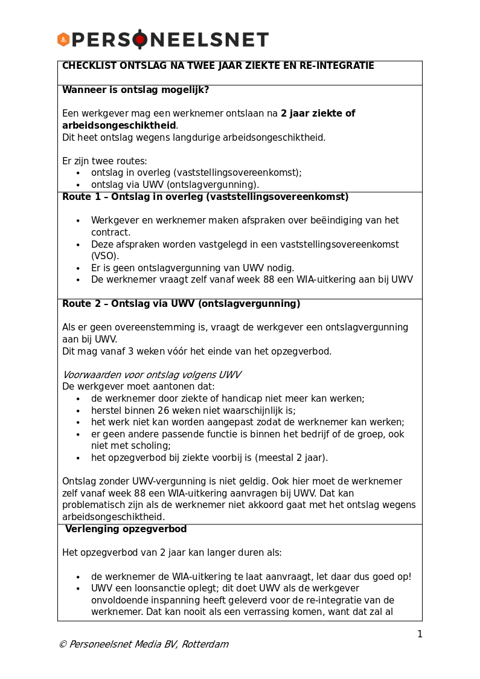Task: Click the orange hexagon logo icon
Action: click(x=63, y=40)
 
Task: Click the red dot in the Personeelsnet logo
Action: click(x=140, y=40)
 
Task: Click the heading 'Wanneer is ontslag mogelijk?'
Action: click(x=135, y=90)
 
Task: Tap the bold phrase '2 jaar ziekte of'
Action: click(x=318, y=114)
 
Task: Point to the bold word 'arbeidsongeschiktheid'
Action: click(x=119, y=126)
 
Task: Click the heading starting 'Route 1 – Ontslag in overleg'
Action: click(x=205, y=197)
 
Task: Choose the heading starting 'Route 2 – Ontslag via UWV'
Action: click(x=181, y=304)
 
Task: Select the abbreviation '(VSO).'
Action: click(x=105, y=256)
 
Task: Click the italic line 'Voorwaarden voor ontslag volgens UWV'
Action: click(x=152, y=375)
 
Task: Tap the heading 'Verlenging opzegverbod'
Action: click(x=126, y=529)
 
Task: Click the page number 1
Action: click(x=420, y=634)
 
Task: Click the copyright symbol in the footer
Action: click(x=62, y=645)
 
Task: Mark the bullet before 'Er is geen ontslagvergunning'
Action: click(x=78, y=268)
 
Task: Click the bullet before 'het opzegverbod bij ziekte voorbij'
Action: click(x=78, y=458)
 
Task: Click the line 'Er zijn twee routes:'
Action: click(x=104, y=161)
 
